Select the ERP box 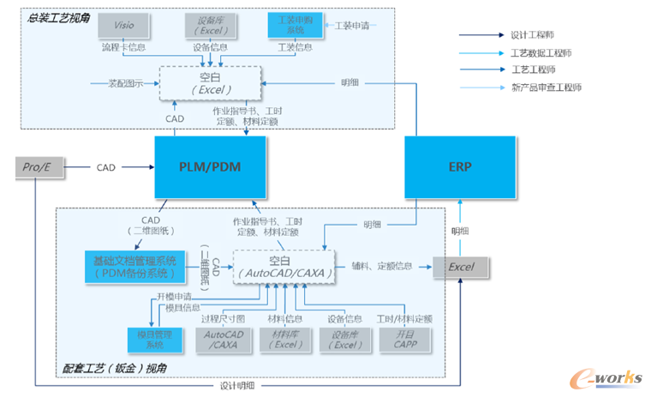(x=460, y=166)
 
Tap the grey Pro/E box (x=40, y=166)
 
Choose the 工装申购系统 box (x=296, y=26)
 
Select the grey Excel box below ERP (x=461, y=267)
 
